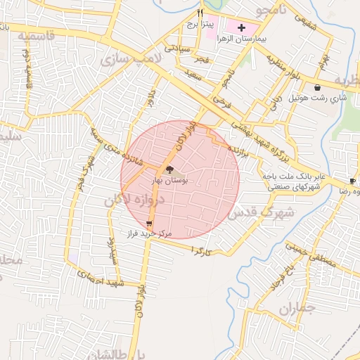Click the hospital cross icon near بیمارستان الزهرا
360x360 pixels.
(x=243, y=27)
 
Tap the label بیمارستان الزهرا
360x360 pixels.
(x=242, y=39)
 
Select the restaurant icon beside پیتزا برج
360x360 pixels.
(x=200, y=13)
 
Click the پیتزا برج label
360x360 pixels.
(x=200, y=23)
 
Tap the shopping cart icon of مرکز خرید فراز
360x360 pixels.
(x=148, y=223)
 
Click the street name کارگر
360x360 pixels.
(x=200, y=251)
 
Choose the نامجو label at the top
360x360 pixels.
(x=270, y=10)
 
